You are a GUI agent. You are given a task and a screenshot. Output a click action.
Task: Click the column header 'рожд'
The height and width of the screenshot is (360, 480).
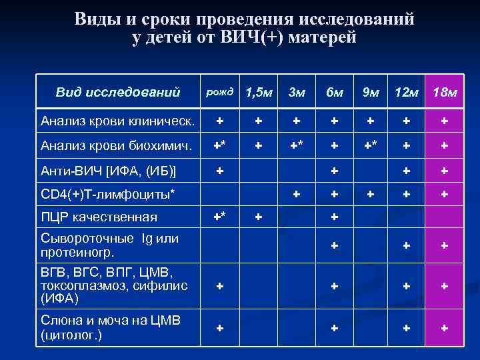220,91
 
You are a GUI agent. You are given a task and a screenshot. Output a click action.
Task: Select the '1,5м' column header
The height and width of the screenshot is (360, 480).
259,91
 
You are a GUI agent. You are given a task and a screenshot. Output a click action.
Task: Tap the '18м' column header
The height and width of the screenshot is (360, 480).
445,91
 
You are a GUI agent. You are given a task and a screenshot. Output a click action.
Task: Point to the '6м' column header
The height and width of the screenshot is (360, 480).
334,91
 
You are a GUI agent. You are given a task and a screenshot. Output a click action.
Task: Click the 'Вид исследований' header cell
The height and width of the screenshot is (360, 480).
118,91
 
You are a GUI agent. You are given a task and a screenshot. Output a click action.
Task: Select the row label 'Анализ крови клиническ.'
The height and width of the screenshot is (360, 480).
117,121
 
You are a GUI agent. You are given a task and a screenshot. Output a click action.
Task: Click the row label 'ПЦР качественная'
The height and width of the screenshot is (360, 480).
99,217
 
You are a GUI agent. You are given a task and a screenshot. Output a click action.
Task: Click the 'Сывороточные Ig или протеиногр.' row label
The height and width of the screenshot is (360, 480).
109,245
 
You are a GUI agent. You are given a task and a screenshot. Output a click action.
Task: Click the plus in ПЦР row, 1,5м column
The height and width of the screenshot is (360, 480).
259,217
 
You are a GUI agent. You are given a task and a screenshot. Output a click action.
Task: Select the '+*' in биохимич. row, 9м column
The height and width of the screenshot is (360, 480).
372,145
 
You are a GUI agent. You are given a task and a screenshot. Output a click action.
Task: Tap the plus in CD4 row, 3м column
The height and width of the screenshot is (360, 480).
297,193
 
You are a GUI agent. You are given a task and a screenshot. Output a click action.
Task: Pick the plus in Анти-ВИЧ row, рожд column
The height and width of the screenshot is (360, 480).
219,169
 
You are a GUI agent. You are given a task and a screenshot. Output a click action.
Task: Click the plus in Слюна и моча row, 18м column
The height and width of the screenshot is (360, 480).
445,328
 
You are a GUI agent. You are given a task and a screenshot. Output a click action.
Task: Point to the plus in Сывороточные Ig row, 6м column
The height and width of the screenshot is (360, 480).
334,245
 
